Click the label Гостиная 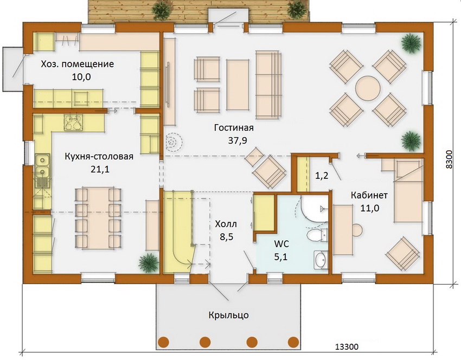coord(234,128)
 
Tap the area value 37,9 coord(238,140)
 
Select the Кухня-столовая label coord(99,156)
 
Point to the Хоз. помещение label coord(78,64)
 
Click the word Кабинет coord(369,195)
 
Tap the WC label coord(281,243)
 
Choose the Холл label coord(226,224)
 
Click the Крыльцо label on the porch coord(229,316)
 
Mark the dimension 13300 coord(347,347)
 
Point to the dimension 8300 coord(449,159)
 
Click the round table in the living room coord(368,88)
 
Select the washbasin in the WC coord(321,260)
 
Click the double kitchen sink coord(42,166)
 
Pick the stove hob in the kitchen coord(73,122)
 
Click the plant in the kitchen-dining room coord(149,263)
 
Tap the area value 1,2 coord(322,176)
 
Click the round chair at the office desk coord(357,230)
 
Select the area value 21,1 coord(100,169)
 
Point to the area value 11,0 coord(370,208)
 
